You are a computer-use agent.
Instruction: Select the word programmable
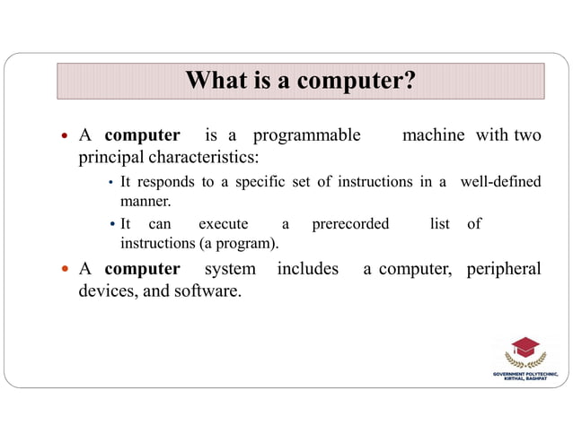tap(306, 135)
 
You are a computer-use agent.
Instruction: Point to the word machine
tap(433, 135)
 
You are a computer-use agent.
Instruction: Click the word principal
tap(107, 158)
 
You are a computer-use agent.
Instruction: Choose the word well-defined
tap(500, 182)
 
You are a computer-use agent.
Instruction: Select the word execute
tap(223, 223)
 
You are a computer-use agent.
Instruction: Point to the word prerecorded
tap(350, 223)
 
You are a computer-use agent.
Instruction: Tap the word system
tap(230, 269)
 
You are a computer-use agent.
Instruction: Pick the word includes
tap(307, 269)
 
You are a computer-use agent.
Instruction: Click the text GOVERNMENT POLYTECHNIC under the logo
tap(525, 373)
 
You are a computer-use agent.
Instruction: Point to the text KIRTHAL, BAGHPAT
tap(525, 379)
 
